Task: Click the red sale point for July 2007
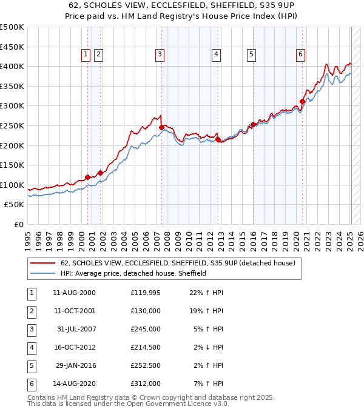[x=161, y=128]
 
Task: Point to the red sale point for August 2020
[x=302, y=102]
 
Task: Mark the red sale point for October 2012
[x=217, y=140]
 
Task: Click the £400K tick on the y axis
[x=12, y=66]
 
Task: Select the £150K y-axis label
[x=12, y=165]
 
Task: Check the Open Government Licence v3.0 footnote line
[x=128, y=404]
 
